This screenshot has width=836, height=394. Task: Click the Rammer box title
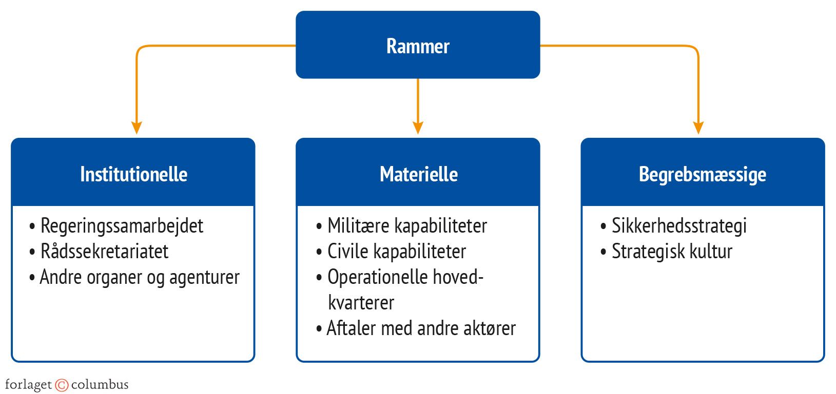click(x=418, y=46)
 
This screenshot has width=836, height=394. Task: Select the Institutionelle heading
click(x=133, y=174)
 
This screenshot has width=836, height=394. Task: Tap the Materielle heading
click(x=418, y=174)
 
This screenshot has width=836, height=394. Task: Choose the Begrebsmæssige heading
click(x=702, y=174)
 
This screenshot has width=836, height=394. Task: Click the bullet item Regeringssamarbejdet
click(x=122, y=226)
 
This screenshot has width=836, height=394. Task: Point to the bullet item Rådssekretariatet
click(x=104, y=252)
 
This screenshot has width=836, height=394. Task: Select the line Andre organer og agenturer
click(x=139, y=277)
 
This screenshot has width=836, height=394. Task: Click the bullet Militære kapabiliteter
click(x=407, y=226)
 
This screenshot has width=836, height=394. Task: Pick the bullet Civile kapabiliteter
click(x=397, y=252)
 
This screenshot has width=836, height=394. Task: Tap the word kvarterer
click(x=361, y=303)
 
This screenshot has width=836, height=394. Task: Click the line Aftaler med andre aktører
click(x=421, y=328)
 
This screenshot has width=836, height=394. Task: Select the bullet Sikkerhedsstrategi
click(x=678, y=226)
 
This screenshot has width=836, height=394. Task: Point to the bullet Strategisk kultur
click(x=671, y=252)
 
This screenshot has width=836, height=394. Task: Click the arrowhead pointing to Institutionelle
click(x=137, y=128)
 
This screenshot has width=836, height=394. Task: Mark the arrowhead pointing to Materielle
click(x=418, y=128)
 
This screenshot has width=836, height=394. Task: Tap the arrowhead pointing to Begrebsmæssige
click(x=698, y=128)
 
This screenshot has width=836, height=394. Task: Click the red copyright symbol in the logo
click(x=62, y=385)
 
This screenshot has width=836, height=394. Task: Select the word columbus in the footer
click(x=100, y=385)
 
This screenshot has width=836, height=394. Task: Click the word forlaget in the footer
click(x=28, y=385)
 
